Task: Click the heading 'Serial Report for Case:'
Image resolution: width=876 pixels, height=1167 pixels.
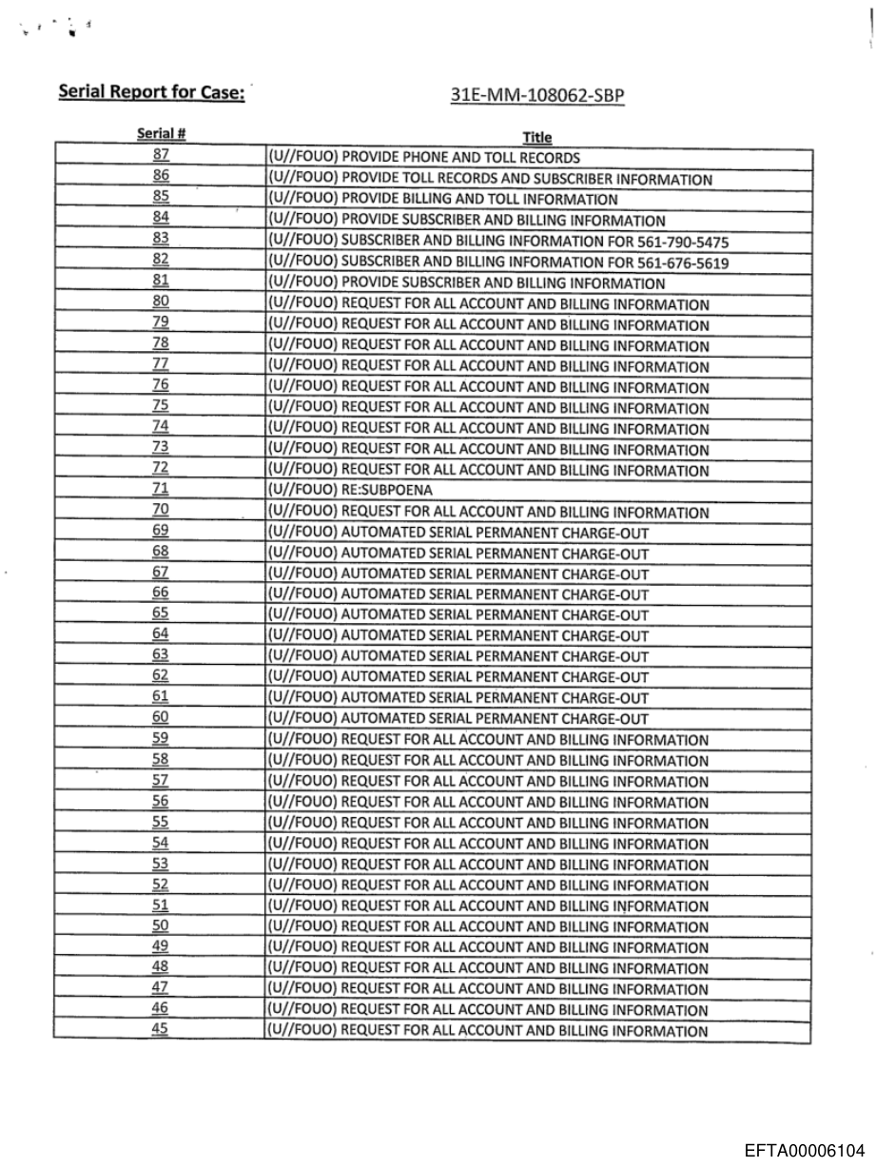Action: point(152,92)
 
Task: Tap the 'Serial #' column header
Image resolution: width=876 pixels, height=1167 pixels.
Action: point(160,136)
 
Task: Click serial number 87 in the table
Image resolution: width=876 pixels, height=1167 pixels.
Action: point(160,156)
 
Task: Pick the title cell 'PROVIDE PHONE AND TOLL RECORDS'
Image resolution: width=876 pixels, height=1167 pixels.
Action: point(425,158)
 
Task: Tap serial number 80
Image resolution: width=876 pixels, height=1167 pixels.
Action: point(160,303)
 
